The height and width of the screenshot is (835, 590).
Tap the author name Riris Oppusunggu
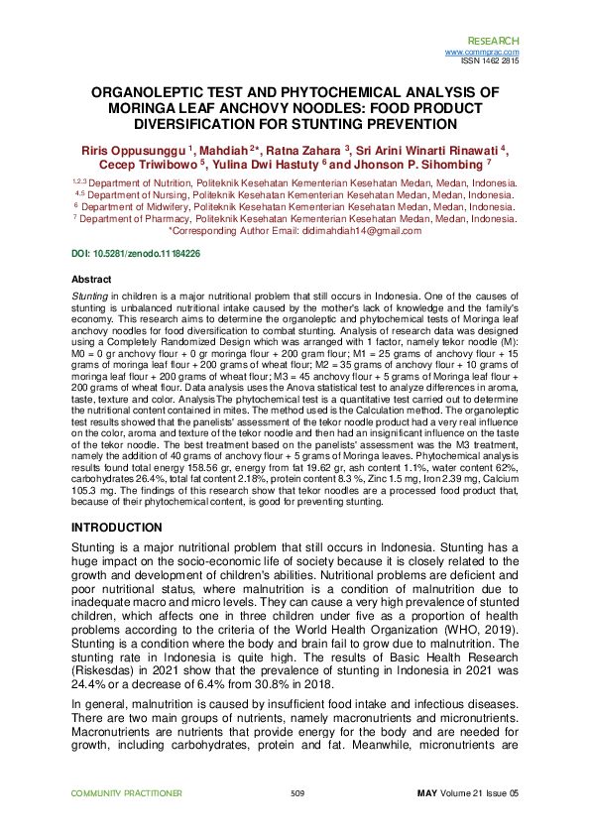click(x=134, y=149)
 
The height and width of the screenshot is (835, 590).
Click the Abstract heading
click(x=92, y=281)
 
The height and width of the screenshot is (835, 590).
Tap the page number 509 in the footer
click(x=296, y=792)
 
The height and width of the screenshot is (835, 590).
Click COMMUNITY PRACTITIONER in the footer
click(x=126, y=792)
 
